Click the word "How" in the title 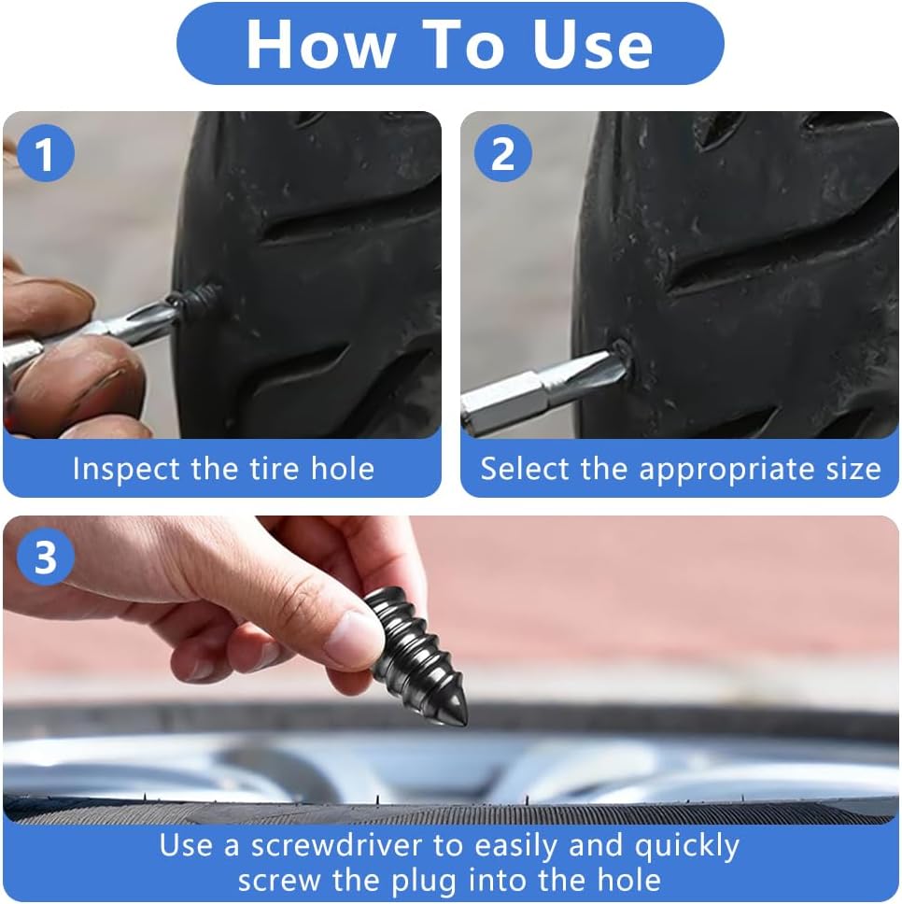(321, 45)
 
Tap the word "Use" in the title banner (592, 45)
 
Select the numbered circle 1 (46, 153)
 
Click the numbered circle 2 (502, 153)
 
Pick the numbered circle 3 (46, 557)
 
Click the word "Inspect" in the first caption (125, 470)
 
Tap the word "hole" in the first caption (343, 468)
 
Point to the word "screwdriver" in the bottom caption (336, 846)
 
